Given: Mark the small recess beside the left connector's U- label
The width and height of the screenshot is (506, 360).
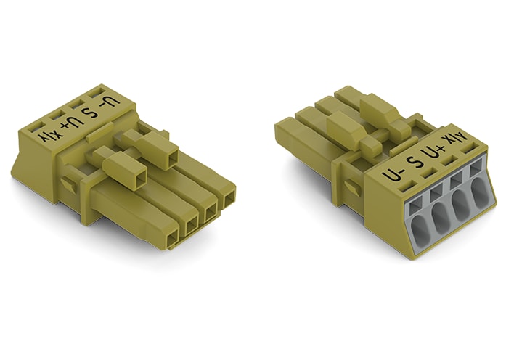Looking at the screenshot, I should (97, 92).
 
